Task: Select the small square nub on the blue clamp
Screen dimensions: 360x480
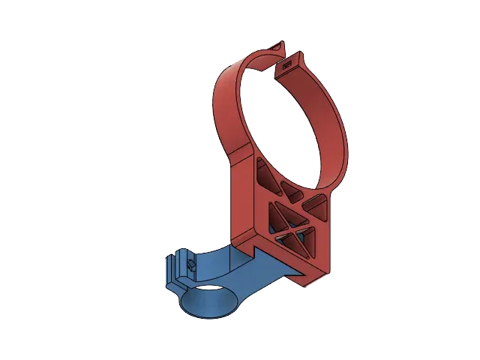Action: pos(190,264)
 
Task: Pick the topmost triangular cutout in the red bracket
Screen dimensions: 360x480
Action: pos(264,175)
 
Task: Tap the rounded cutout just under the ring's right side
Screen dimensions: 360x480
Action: pos(314,200)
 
